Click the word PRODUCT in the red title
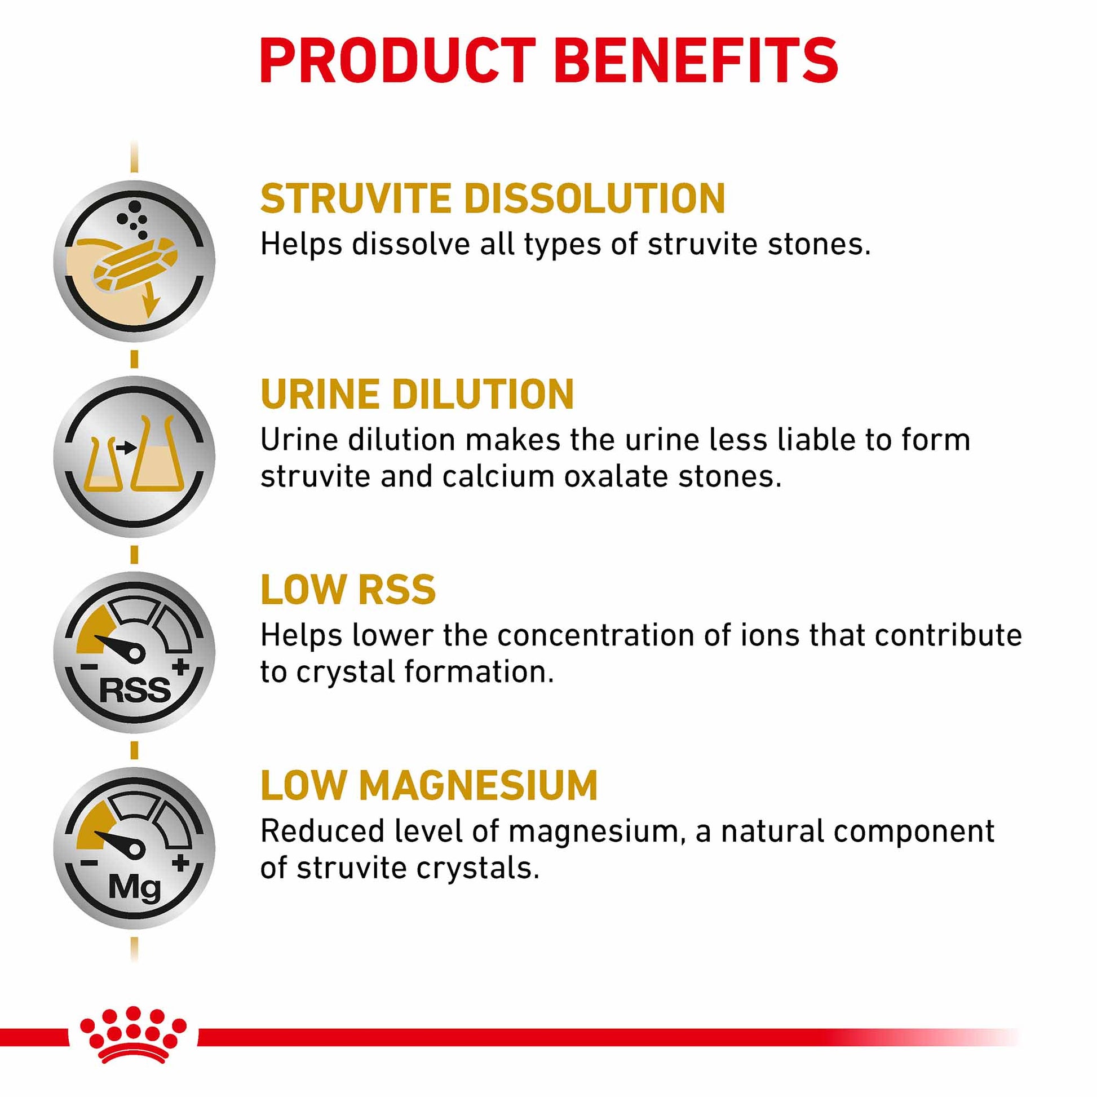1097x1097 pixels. tap(398, 61)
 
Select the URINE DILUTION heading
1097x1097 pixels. tap(417, 394)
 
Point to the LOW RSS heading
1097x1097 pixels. tap(348, 590)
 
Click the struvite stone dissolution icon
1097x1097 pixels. tap(135, 261)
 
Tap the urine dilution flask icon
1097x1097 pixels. tap(135, 457)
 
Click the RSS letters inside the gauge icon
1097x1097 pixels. tap(135, 691)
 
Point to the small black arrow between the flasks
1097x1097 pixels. tap(126, 448)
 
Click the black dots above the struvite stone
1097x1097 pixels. tap(132, 219)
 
